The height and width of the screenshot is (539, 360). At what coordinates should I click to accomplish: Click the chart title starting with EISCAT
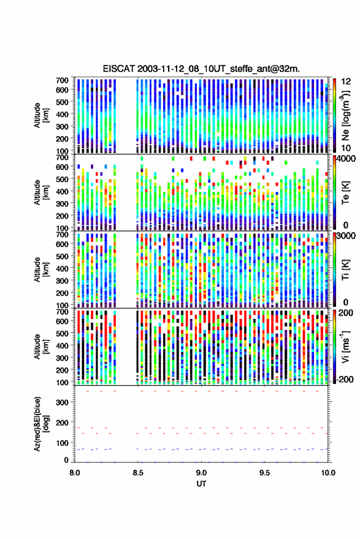(201, 69)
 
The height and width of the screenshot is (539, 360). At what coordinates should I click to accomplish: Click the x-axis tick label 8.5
(138, 473)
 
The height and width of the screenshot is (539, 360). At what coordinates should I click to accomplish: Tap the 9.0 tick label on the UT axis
(201, 473)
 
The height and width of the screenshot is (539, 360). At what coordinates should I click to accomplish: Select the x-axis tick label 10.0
(328, 473)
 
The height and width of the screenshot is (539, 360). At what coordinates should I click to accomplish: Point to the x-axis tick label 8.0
(75, 473)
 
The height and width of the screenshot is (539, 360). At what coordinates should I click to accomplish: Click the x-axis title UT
(201, 484)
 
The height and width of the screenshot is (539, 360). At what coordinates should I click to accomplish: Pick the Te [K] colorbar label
(345, 193)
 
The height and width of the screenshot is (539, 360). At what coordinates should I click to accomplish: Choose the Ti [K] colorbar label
(345, 270)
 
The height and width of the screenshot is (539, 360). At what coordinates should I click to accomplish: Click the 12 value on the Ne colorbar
(346, 82)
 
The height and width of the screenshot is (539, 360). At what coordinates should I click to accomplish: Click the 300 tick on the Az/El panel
(63, 402)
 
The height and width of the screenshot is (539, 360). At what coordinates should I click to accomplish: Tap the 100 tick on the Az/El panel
(63, 443)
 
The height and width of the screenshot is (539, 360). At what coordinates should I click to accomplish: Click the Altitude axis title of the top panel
(41, 115)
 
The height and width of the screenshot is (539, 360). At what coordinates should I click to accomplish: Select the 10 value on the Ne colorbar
(346, 148)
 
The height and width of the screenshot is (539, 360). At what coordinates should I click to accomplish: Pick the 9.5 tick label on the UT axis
(264, 473)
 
